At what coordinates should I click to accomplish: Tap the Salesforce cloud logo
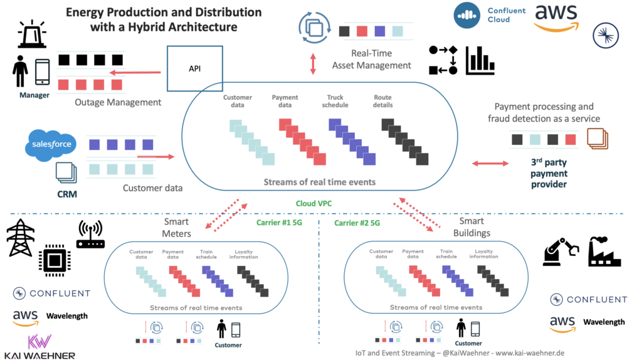point(50,145)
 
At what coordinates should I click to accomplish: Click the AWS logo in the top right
point(555,18)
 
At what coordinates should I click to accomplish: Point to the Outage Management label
point(117,102)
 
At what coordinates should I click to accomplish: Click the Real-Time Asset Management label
point(372,60)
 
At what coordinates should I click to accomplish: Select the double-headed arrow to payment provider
point(490,164)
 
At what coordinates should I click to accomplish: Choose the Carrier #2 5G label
point(357,222)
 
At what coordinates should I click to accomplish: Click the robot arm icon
point(560,251)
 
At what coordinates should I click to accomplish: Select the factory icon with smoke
point(604,252)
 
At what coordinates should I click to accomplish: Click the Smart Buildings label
point(470,228)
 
